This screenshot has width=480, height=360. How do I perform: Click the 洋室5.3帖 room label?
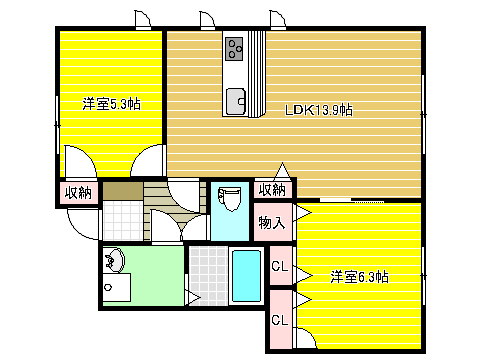111,104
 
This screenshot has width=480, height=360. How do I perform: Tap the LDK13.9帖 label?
319,110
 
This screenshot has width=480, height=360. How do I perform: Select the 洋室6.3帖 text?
359,277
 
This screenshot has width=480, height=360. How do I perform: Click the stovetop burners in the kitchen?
234,49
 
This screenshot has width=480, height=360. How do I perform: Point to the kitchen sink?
236,101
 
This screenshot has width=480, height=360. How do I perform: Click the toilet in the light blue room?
230,198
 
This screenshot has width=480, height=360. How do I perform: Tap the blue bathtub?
246,276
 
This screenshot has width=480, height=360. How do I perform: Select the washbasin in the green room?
115,260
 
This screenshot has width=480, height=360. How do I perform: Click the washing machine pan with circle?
116,287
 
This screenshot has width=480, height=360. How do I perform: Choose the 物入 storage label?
272,222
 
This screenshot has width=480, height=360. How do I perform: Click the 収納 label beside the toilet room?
272,190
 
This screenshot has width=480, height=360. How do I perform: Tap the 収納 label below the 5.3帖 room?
78,192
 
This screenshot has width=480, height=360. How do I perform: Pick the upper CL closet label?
279,266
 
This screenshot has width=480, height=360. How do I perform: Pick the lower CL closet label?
279,320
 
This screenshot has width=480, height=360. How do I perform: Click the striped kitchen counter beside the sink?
257,74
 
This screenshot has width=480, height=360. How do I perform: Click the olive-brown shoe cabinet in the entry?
123,191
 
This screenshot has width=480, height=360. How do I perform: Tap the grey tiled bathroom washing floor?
209,276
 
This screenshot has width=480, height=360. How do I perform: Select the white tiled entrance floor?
123,220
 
